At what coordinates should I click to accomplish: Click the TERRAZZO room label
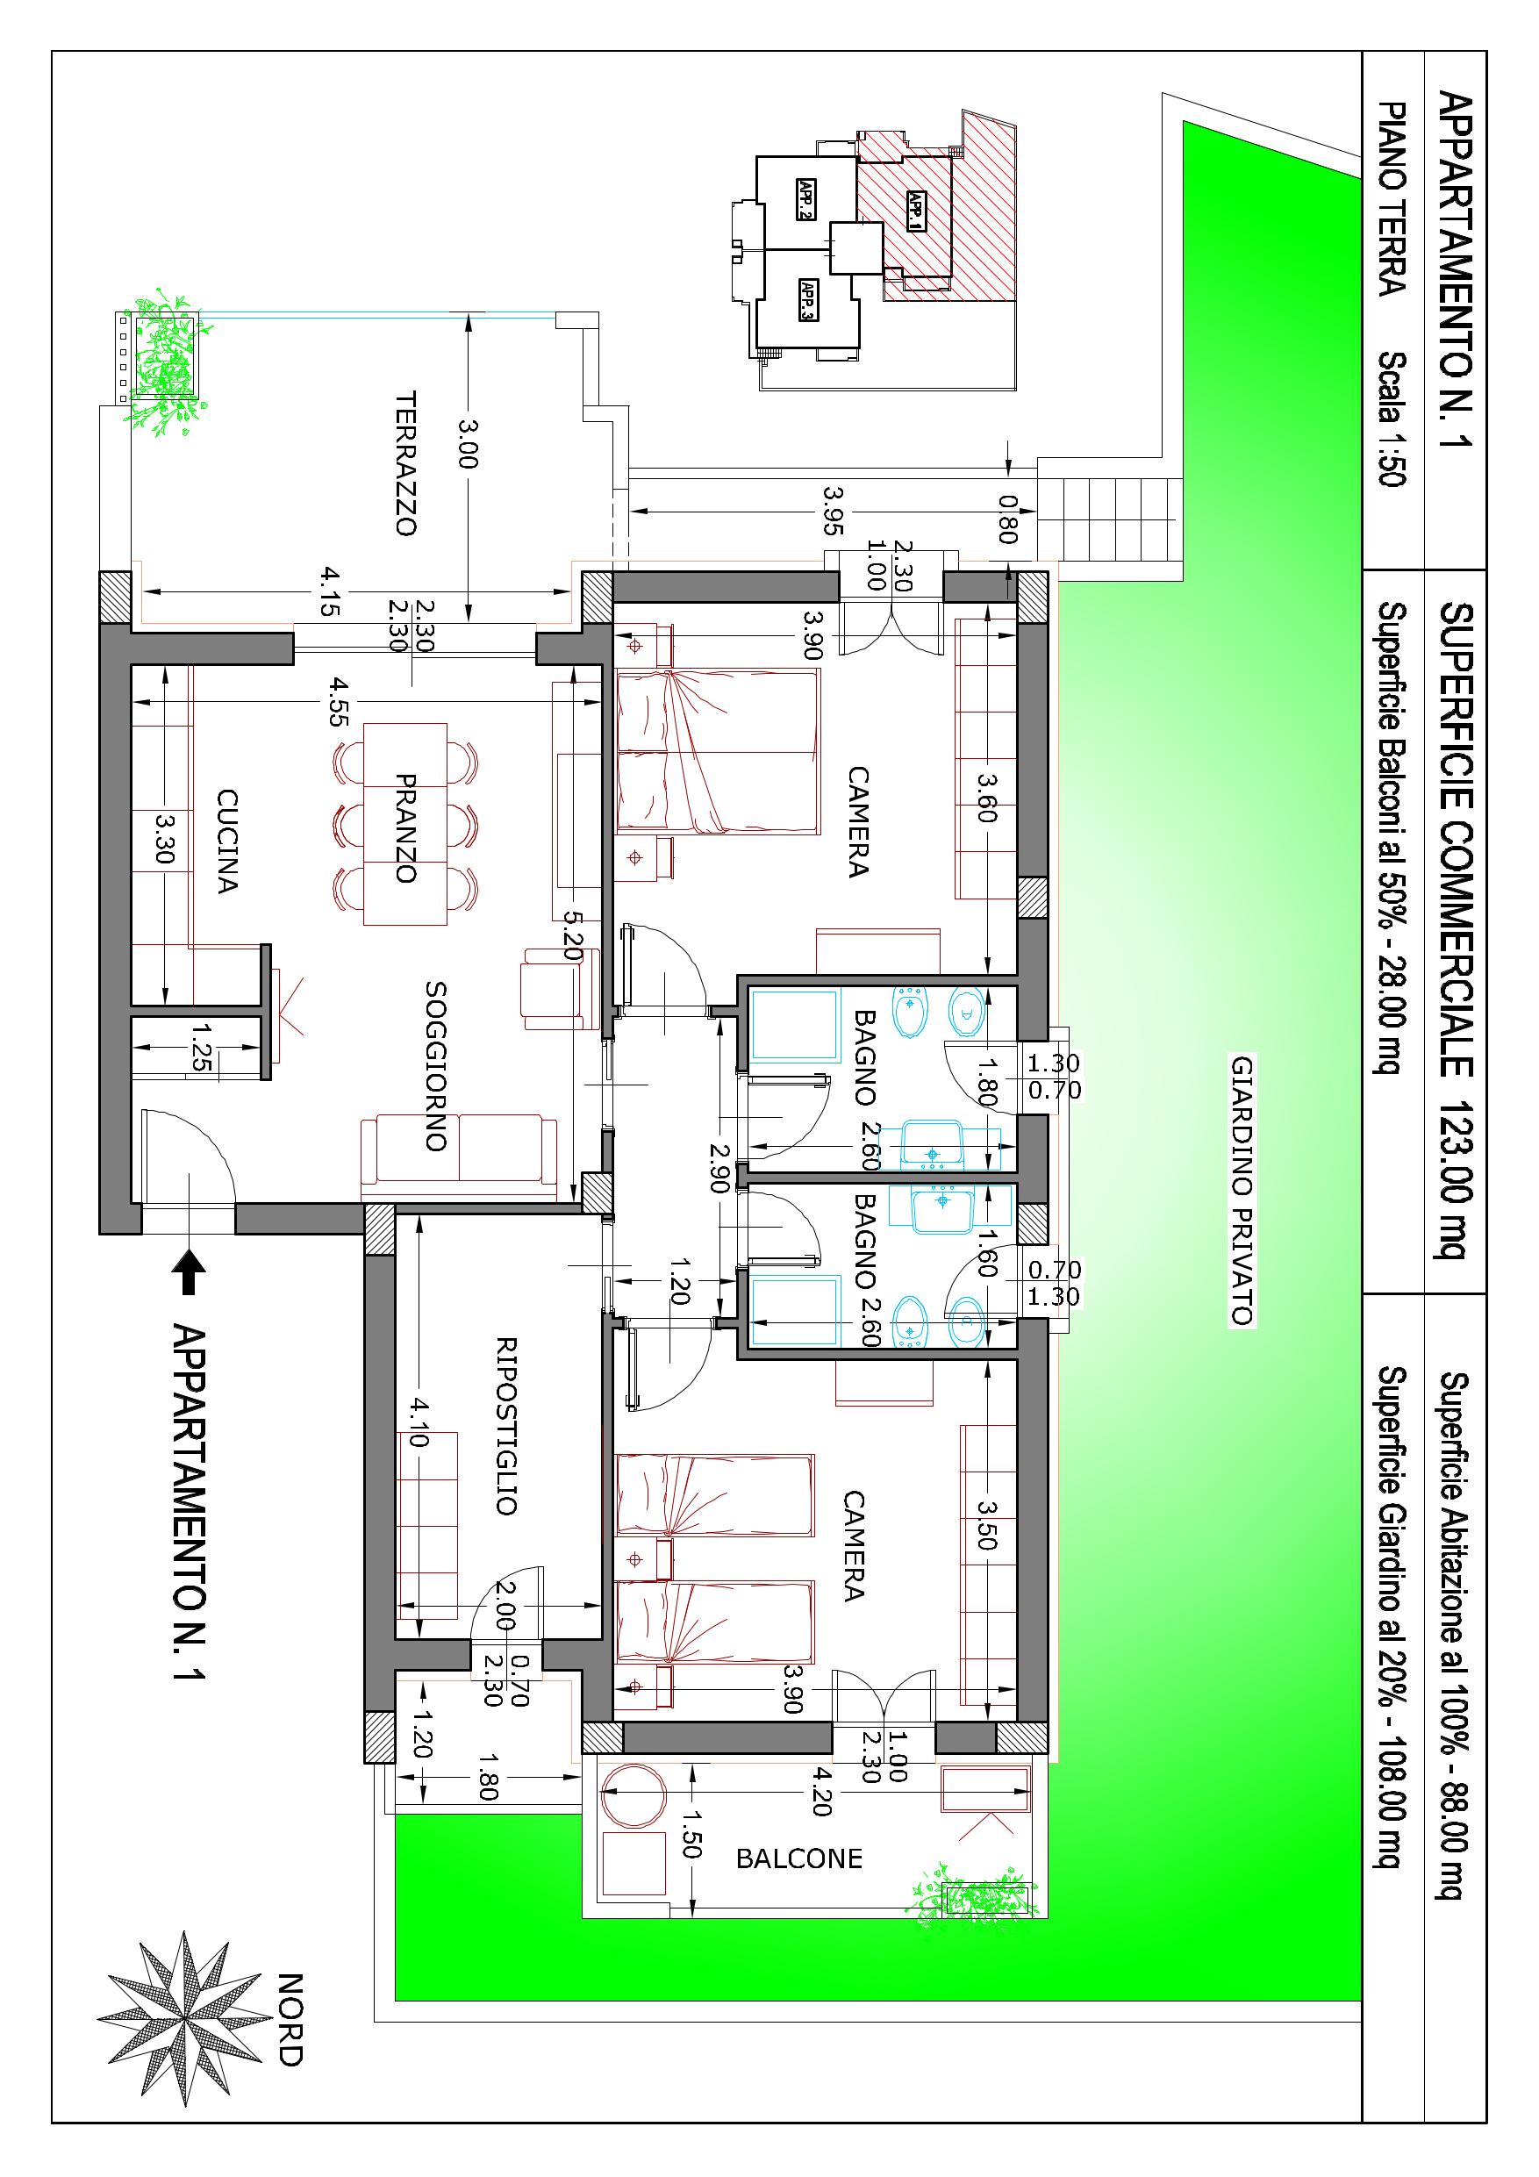406,463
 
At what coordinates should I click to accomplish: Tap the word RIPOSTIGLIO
506,1426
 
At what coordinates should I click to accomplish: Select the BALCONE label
799,1858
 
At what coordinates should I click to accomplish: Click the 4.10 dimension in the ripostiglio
418,1423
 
